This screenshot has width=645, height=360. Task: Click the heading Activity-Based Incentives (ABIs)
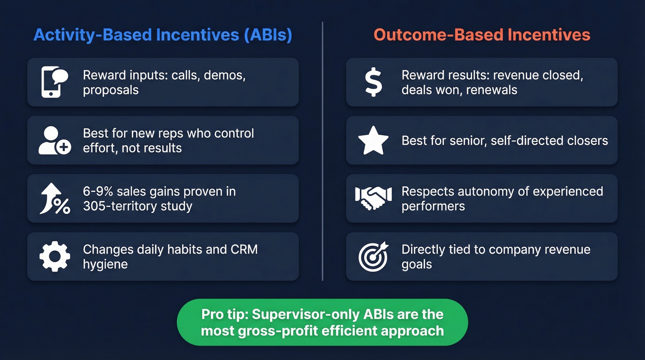(x=163, y=35)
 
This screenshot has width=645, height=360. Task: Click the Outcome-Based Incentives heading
(x=481, y=35)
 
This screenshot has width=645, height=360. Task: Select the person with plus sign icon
(x=54, y=141)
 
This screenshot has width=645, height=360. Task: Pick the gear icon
(x=54, y=257)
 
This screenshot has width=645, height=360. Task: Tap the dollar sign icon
(x=373, y=82)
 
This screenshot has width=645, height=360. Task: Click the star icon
(x=373, y=141)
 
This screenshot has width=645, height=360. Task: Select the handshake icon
(x=373, y=199)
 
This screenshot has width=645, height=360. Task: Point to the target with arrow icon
(x=373, y=257)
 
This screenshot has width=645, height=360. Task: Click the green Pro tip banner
(x=322, y=322)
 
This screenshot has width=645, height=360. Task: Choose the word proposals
(x=111, y=90)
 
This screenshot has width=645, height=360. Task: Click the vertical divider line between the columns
(x=322, y=152)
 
